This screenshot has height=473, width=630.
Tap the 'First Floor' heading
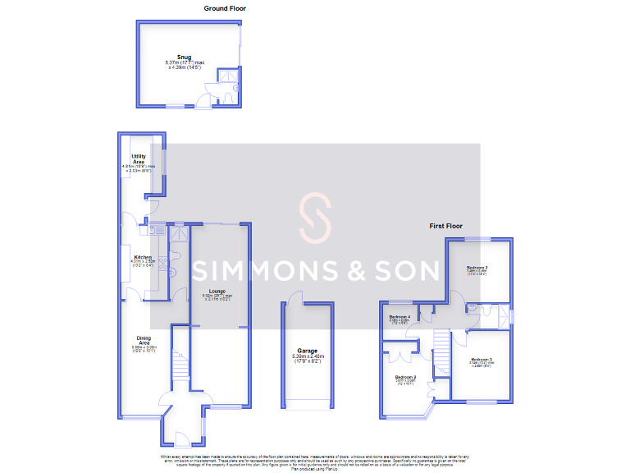(445, 225)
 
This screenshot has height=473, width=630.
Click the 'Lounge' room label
(217, 291)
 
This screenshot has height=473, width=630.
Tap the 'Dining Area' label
(144, 339)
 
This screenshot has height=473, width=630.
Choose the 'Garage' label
(308, 351)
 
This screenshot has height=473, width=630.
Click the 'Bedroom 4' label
(399, 316)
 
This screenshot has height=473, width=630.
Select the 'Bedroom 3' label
(482, 360)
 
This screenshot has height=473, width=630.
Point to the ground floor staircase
(182, 362)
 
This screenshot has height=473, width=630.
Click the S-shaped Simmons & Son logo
(314, 219)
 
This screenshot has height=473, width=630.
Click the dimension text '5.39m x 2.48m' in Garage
(308, 357)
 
